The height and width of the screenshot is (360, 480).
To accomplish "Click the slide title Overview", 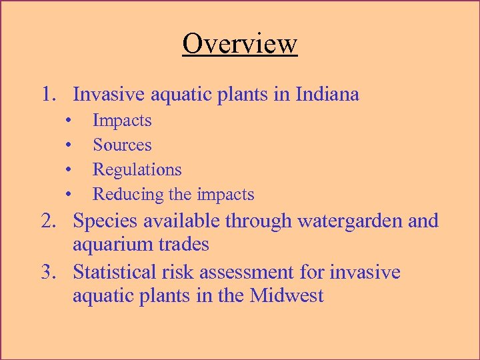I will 240,44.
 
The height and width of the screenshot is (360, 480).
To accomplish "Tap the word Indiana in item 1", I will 326,95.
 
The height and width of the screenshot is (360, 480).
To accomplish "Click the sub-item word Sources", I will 122,145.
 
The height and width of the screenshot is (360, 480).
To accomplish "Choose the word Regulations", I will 137,170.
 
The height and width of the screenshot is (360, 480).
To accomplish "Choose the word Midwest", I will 287,296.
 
